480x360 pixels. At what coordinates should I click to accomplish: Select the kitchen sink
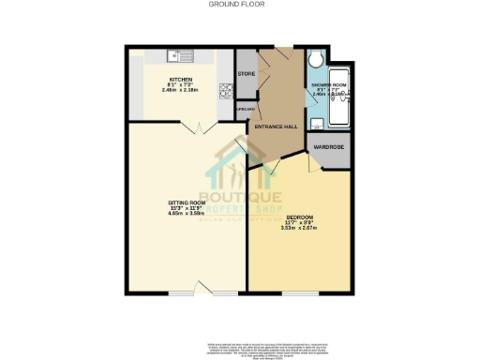(179, 54)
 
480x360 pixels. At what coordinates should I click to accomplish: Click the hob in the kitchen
(225, 91)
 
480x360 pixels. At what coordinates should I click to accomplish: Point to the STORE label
(247, 73)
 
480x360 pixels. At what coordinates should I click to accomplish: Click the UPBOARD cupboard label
(245, 108)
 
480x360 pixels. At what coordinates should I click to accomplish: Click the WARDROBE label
(330, 147)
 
